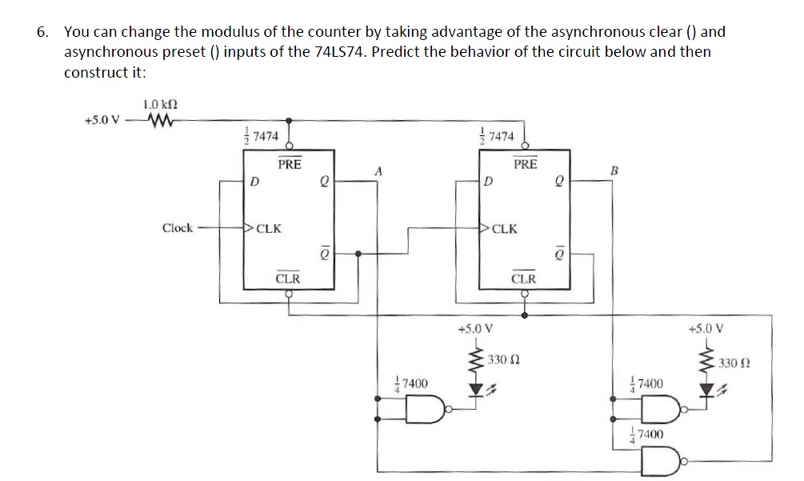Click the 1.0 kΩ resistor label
point(160,103)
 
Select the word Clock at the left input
point(177,228)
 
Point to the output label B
point(614,170)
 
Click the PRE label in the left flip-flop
point(289,164)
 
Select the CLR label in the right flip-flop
point(523,279)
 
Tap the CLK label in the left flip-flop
point(268,228)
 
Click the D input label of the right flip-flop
point(488,182)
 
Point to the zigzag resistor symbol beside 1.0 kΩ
point(159,121)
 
